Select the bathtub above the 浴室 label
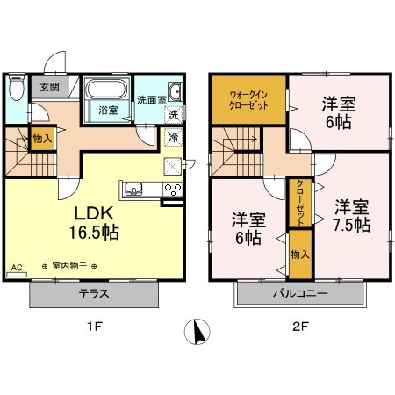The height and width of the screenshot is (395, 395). pos(107,90)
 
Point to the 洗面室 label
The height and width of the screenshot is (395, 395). pos(151,100)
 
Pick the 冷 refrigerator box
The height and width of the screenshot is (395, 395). pos(173,138)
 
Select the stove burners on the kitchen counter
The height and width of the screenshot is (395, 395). pos(171,189)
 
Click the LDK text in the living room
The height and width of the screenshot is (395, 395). pos(86,213)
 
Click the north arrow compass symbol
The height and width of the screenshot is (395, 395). pos(199,333)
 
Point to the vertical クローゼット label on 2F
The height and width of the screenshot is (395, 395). pos(300,202)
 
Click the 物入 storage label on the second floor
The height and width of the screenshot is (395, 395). pos(299,253)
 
